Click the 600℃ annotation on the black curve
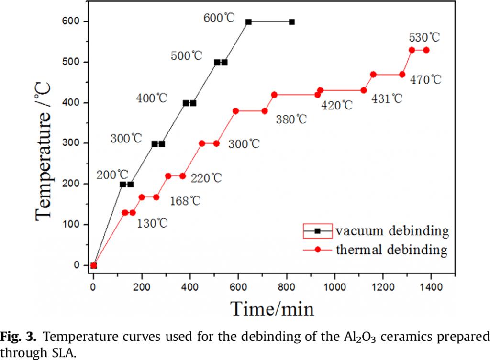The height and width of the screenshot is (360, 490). (220, 19)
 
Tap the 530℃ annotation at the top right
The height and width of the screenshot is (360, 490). (424, 37)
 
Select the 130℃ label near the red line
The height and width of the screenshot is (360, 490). (152, 223)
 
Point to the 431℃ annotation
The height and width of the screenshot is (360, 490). (387, 99)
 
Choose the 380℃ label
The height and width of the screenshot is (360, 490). (291, 120)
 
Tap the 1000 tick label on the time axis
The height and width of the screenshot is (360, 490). (334, 287)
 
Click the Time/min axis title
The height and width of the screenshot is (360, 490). (272, 309)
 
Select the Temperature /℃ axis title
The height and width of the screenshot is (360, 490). (44, 143)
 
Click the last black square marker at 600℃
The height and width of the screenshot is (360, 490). (292, 22)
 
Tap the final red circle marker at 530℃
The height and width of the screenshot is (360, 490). (426, 50)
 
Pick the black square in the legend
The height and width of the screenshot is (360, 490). (317, 231)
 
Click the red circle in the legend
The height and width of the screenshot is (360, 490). (317, 249)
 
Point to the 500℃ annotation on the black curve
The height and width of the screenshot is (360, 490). (187, 55)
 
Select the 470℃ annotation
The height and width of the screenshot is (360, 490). (425, 79)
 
